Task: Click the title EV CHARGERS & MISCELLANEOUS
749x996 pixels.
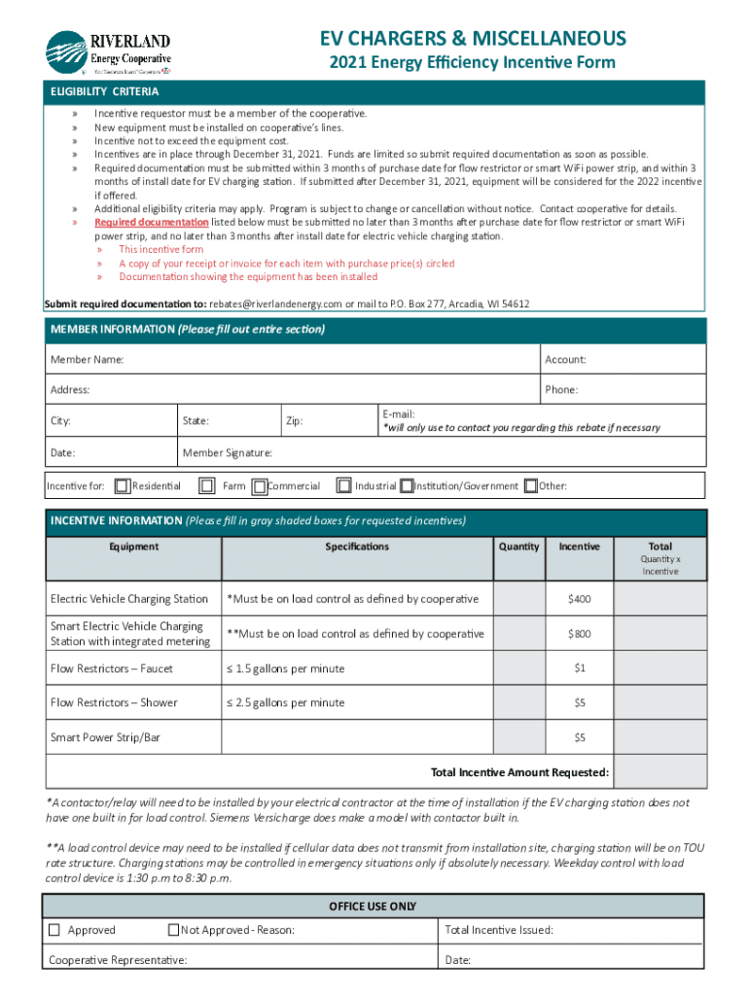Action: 473,38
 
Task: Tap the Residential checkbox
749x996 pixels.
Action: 122,485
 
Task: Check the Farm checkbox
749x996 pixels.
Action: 206,485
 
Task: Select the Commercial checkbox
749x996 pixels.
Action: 260,485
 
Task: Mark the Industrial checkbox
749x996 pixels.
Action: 343,485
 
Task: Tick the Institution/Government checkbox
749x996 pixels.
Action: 407,485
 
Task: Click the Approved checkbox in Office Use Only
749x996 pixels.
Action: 55,930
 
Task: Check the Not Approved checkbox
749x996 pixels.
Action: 174,930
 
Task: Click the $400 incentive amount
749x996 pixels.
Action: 579,599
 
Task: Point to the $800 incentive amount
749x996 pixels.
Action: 579,634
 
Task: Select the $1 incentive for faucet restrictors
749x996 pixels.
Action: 579,669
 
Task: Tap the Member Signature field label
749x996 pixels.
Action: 228,453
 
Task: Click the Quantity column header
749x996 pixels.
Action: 518,547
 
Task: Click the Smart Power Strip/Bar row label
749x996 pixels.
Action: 105,737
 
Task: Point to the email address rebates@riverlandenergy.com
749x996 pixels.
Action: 275,303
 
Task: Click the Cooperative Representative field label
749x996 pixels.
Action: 119,960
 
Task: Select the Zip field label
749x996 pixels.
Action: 294,421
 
